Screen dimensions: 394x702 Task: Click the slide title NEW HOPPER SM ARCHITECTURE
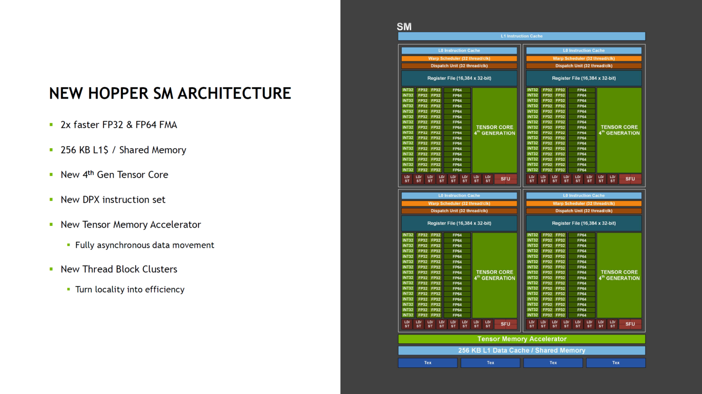coord(170,94)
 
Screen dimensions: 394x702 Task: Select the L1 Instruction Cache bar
coord(521,36)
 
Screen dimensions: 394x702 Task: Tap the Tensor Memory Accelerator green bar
coord(521,339)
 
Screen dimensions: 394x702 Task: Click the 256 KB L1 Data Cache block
coord(521,350)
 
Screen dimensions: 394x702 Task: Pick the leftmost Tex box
coord(427,363)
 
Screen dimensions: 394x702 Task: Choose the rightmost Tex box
coord(615,363)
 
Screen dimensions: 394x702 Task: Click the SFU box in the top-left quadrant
coord(505,179)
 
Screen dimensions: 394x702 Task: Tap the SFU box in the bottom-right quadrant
coord(630,324)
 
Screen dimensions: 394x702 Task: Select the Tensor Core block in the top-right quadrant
coord(619,130)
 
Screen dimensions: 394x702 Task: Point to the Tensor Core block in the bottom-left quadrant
coord(494,275)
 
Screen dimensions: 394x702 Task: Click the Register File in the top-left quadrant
coord(459,78)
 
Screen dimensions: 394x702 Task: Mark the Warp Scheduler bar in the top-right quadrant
coord(583,58)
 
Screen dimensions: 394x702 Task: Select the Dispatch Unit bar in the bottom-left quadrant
coord(459,211)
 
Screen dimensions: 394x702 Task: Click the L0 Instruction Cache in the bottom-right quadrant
coord(583,195)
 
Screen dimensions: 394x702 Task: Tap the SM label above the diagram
coord(404,27)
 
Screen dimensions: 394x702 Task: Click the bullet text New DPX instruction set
coord(113,200)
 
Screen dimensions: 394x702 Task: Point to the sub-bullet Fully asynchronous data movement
coord(145,245)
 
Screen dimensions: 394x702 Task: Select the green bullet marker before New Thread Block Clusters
coord(51,269)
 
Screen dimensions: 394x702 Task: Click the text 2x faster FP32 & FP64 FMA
coord(119,125)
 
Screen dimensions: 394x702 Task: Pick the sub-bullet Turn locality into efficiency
coord(129,290)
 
